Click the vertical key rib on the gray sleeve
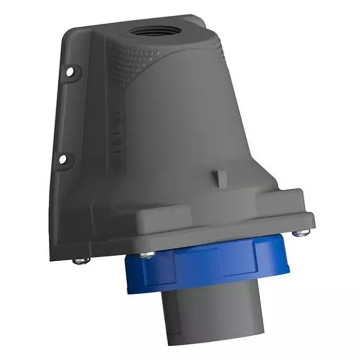[177, 314]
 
